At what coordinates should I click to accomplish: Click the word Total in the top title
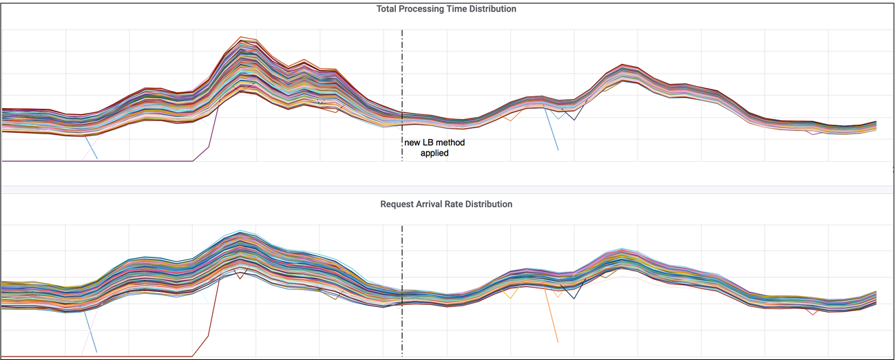coord(388,9)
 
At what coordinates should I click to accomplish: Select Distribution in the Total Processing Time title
coord(492,9)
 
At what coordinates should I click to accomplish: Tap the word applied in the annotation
coord(434,153)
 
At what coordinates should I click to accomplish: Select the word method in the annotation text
coord(452,143)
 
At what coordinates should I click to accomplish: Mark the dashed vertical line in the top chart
coord(402,83)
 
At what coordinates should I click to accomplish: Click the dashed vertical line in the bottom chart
coord(402,262)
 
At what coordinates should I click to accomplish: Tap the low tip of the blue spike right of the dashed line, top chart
coord(558,149)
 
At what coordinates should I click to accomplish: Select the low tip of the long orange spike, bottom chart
coord(557,341)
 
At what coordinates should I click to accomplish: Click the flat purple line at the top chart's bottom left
coord(103,160)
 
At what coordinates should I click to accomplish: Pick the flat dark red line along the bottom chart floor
coord(103,357)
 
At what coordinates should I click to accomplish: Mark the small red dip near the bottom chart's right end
coord(814,314)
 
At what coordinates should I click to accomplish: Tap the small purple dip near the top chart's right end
coord(814,134)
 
